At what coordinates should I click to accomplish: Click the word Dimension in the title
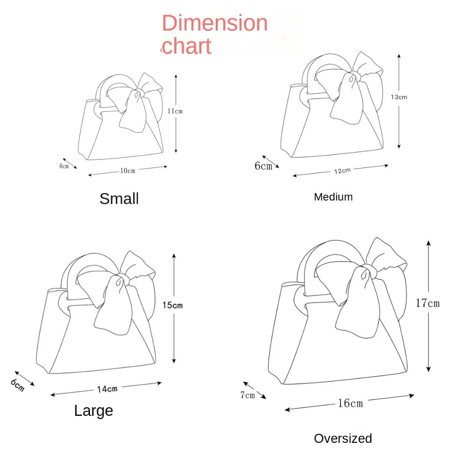(x=215, y=23)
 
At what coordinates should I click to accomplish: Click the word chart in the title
(x=187, y=46)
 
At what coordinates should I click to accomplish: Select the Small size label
(x=119, y=199)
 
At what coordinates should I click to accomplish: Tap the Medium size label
(x=333, y=197)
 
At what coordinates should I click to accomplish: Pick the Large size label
(x=93, y=411)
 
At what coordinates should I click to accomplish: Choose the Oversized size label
(x=343, y=438)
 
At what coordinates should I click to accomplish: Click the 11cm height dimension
(x=175, y=111)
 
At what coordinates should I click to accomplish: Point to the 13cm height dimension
(x=399, y=97)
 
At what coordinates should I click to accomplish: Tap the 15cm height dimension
(x=173, y=305)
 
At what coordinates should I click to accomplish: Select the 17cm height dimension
(x=428, y=303)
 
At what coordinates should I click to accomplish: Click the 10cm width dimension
(x=128, y=170)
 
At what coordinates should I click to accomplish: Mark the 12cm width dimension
(x=343, y=171)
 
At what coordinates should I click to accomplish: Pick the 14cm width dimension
(x=107, y=389)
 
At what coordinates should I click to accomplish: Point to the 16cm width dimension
(x=350, y=403)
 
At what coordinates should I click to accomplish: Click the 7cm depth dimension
(x=248, y=395)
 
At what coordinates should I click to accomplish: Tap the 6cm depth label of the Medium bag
(x=263, y=166)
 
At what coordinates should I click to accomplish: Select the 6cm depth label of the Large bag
(x=17, y=385)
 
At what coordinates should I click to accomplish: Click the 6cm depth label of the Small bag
(x=64, y=166)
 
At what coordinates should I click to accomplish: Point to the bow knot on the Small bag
(x=138, y=93)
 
